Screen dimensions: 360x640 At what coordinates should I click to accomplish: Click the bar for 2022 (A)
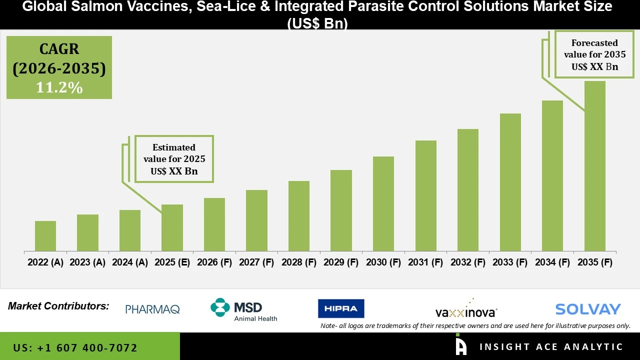click(45, 236)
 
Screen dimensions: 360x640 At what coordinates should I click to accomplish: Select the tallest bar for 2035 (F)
click(594, 166)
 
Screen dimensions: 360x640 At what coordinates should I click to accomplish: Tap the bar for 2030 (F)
click(383, 203)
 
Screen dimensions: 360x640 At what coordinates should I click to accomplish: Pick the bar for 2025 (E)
click(172, 227)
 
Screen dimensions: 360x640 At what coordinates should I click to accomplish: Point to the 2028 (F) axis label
click(299, 262)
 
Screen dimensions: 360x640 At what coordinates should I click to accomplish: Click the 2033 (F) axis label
click(510, 262)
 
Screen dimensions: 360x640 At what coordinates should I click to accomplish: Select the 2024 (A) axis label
click(130, 262)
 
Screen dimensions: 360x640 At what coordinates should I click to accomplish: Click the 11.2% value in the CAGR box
click(59, 87)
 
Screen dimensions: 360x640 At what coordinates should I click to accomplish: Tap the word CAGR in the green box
click(59, 49)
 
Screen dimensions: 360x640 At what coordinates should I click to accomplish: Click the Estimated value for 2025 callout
click(174, 159)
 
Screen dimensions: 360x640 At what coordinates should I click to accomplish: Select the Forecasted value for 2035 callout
click(594, 54)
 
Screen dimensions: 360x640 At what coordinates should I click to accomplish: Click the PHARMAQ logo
click(152, 309)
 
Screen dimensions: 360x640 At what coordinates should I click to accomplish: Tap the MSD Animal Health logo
click(243, 309)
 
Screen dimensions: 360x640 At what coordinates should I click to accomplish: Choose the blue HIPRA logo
click(341, 308)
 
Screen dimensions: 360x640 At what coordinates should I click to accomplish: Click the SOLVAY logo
click(587, 309)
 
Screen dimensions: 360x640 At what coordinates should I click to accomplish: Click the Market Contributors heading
click(58, 306)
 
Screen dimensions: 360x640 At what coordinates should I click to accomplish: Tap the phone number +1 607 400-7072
click(75, 347)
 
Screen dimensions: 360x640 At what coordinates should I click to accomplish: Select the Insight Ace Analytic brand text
click(551, 347)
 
